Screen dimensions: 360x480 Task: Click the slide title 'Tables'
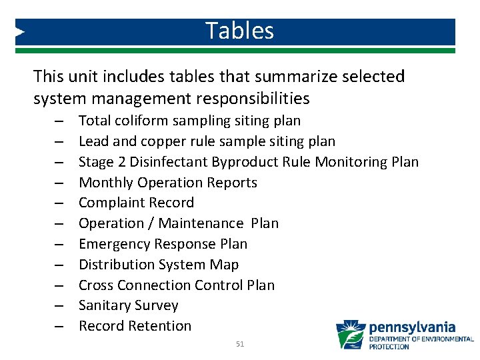(x=239, y=31)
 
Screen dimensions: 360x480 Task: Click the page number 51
(x=241, y=344)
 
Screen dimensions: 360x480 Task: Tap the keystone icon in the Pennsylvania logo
(x=350, y=335)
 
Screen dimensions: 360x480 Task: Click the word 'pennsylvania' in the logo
(x=411, y=327)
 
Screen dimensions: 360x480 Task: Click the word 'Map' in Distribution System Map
(x=225, y=265)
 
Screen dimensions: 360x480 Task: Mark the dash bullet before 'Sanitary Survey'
(x=59, y=307)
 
